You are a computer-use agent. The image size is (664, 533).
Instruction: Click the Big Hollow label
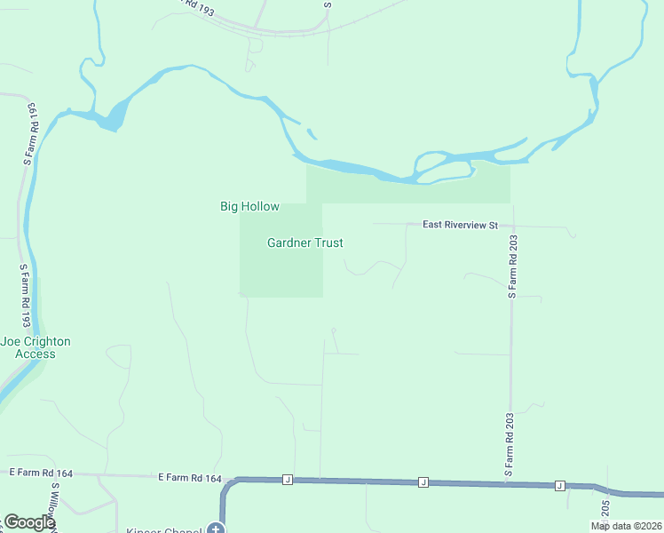[x=249, y=207]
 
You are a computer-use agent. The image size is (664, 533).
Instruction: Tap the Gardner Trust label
[x=304, y=243]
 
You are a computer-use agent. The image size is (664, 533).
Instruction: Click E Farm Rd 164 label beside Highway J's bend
[x=189, y=478]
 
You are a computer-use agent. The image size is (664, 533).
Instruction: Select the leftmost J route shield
[x=288, y=480]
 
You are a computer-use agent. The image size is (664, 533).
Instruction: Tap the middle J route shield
[x=423, y=482]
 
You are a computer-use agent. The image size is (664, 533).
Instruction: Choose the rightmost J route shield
[x=560, y=485]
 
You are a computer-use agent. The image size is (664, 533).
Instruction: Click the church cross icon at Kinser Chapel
[x=215, y=529]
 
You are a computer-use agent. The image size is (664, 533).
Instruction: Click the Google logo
[x=29, y=522]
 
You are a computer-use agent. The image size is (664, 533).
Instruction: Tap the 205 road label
[x=605, y=509]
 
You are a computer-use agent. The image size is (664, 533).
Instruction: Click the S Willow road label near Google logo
[x=55, y=505]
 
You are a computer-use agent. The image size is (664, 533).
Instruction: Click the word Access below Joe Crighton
[x=36, y=354]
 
